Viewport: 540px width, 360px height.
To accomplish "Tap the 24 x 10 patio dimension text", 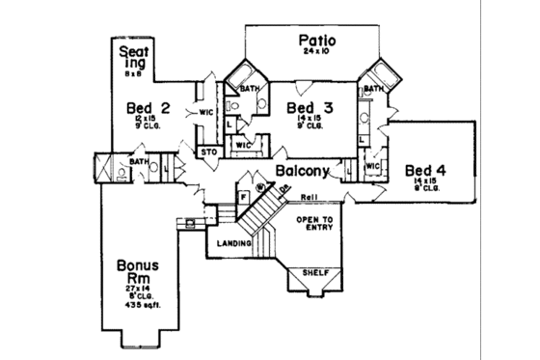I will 314,55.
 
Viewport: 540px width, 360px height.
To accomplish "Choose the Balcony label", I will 303,171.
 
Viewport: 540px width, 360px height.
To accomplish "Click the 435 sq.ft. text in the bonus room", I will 143,306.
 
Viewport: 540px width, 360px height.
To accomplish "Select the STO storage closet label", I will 206,152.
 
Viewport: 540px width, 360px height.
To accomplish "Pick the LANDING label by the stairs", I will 233,243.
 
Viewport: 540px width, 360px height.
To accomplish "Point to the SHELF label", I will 316,273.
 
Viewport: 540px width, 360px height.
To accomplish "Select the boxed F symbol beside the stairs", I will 243,195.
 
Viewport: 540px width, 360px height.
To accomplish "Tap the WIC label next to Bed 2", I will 205,111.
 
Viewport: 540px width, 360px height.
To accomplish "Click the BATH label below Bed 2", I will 138,161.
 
